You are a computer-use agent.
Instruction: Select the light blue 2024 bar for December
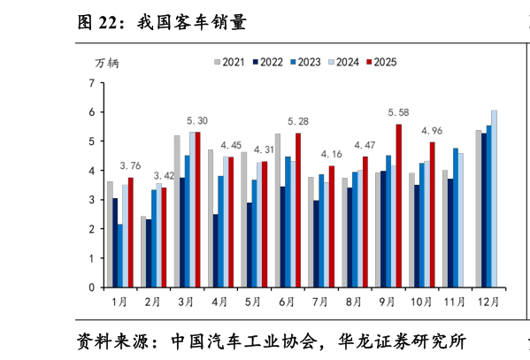[x=495, y=199]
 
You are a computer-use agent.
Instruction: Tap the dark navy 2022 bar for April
[x=216, y=251]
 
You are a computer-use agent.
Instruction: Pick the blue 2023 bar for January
[x=120, y=256]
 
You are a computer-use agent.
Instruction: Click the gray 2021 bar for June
[x=278, y=211]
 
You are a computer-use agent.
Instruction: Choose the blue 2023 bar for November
[x=456, y=218]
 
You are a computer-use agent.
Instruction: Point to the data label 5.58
[x=398, y=112]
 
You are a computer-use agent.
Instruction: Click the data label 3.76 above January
[x=130, y=166]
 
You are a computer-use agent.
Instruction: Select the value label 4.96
[x=432, y=131]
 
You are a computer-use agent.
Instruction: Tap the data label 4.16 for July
[x=331, y=155]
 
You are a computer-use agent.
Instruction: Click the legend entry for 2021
[x=229, y=62]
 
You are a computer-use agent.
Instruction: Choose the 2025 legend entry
[x=381, y=62]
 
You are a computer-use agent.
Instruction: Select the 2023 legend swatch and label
[x=305, y=62]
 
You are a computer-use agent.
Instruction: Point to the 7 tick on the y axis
[x=92, y=83]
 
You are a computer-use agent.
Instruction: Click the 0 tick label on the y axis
[x=92, y=287]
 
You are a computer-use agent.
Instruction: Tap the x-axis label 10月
[x=421, y=302]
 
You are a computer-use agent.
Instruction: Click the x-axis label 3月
[x=186, y=302]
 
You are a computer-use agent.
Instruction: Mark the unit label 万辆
[x=107, y=63]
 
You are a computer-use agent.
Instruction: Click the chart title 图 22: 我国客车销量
[x=162, y=23]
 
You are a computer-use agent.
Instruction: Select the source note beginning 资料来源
[x=272, y=341]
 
